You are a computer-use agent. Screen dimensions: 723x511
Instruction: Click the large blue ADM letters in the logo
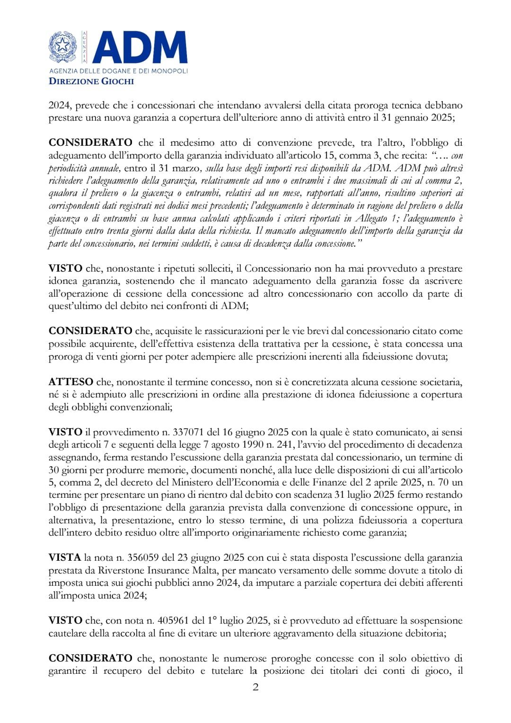(x=140, y=47)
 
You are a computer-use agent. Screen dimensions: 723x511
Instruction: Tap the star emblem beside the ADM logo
(x=63, y=47)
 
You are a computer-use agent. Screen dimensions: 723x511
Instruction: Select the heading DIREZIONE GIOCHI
(x=91, y=81)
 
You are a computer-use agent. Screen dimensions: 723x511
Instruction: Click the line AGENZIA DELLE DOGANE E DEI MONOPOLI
(x=118, y=71)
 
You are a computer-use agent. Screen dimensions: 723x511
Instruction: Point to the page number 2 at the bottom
(x=255, y=687)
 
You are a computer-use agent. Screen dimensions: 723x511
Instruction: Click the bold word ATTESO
(x=70, y=382)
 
